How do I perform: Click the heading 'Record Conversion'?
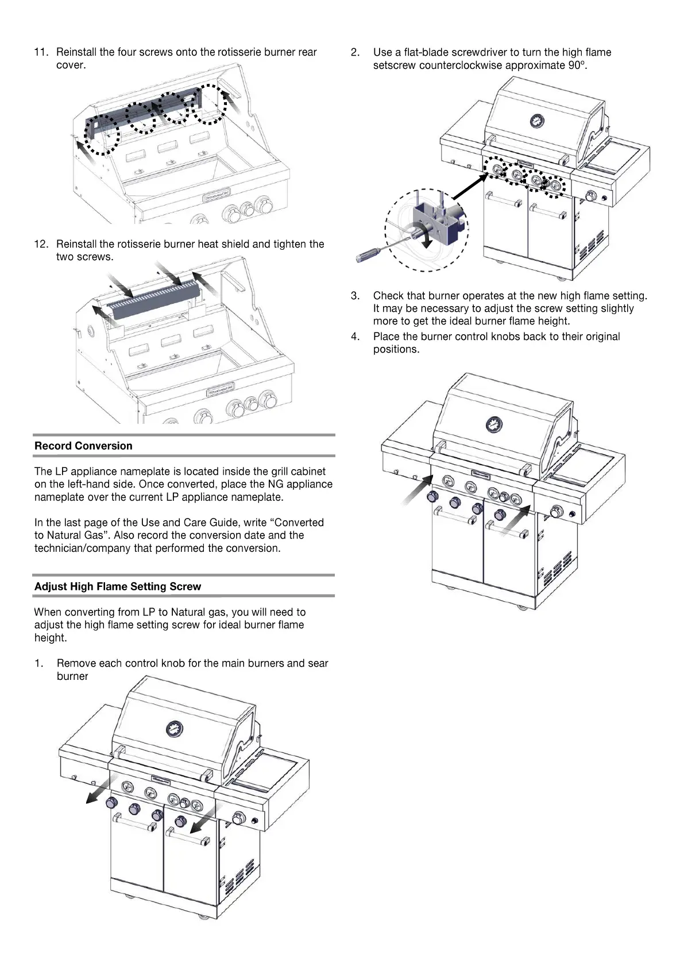pyautogui.click(x=83, y=446)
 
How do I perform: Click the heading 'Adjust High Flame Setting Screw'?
pyautogui.click(x=118, y=586)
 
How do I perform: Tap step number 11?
pyautogui.click(x=41, y=52)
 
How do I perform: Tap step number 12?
pyautogui.click(x=41, y=244)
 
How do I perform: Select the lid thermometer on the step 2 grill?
pyautogui.click(x=536, y=121)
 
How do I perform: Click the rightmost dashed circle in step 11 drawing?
pyautogui.click(x=209, y=103)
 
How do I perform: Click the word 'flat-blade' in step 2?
pyautogui.click(x=427, y=52)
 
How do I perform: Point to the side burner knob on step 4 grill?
pyautogui.click(x=556, y=512)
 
